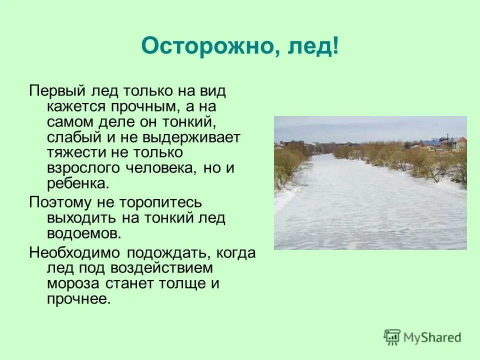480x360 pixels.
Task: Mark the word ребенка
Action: [77, 183]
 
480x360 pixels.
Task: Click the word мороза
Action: [71, 283]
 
